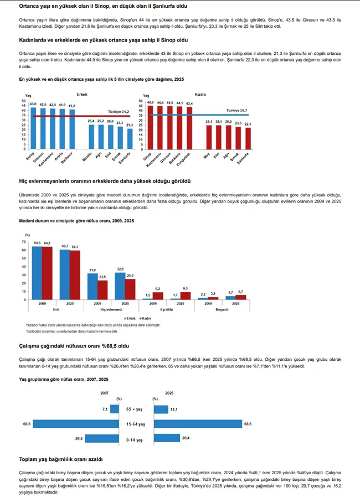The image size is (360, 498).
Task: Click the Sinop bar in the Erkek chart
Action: [33, 128]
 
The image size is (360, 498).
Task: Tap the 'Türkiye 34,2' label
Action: [119, 112]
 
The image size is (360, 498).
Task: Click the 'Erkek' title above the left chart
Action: [82, 95]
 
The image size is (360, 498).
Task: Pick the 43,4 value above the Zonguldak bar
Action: [189, 103]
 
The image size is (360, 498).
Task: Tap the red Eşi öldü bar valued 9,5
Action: [184, 295]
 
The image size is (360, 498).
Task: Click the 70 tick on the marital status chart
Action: [23, 241]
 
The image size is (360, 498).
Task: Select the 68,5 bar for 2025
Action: [205, 424]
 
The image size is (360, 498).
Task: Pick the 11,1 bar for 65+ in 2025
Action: [161, 409]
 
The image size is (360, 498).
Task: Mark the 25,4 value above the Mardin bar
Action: [88, 121]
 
